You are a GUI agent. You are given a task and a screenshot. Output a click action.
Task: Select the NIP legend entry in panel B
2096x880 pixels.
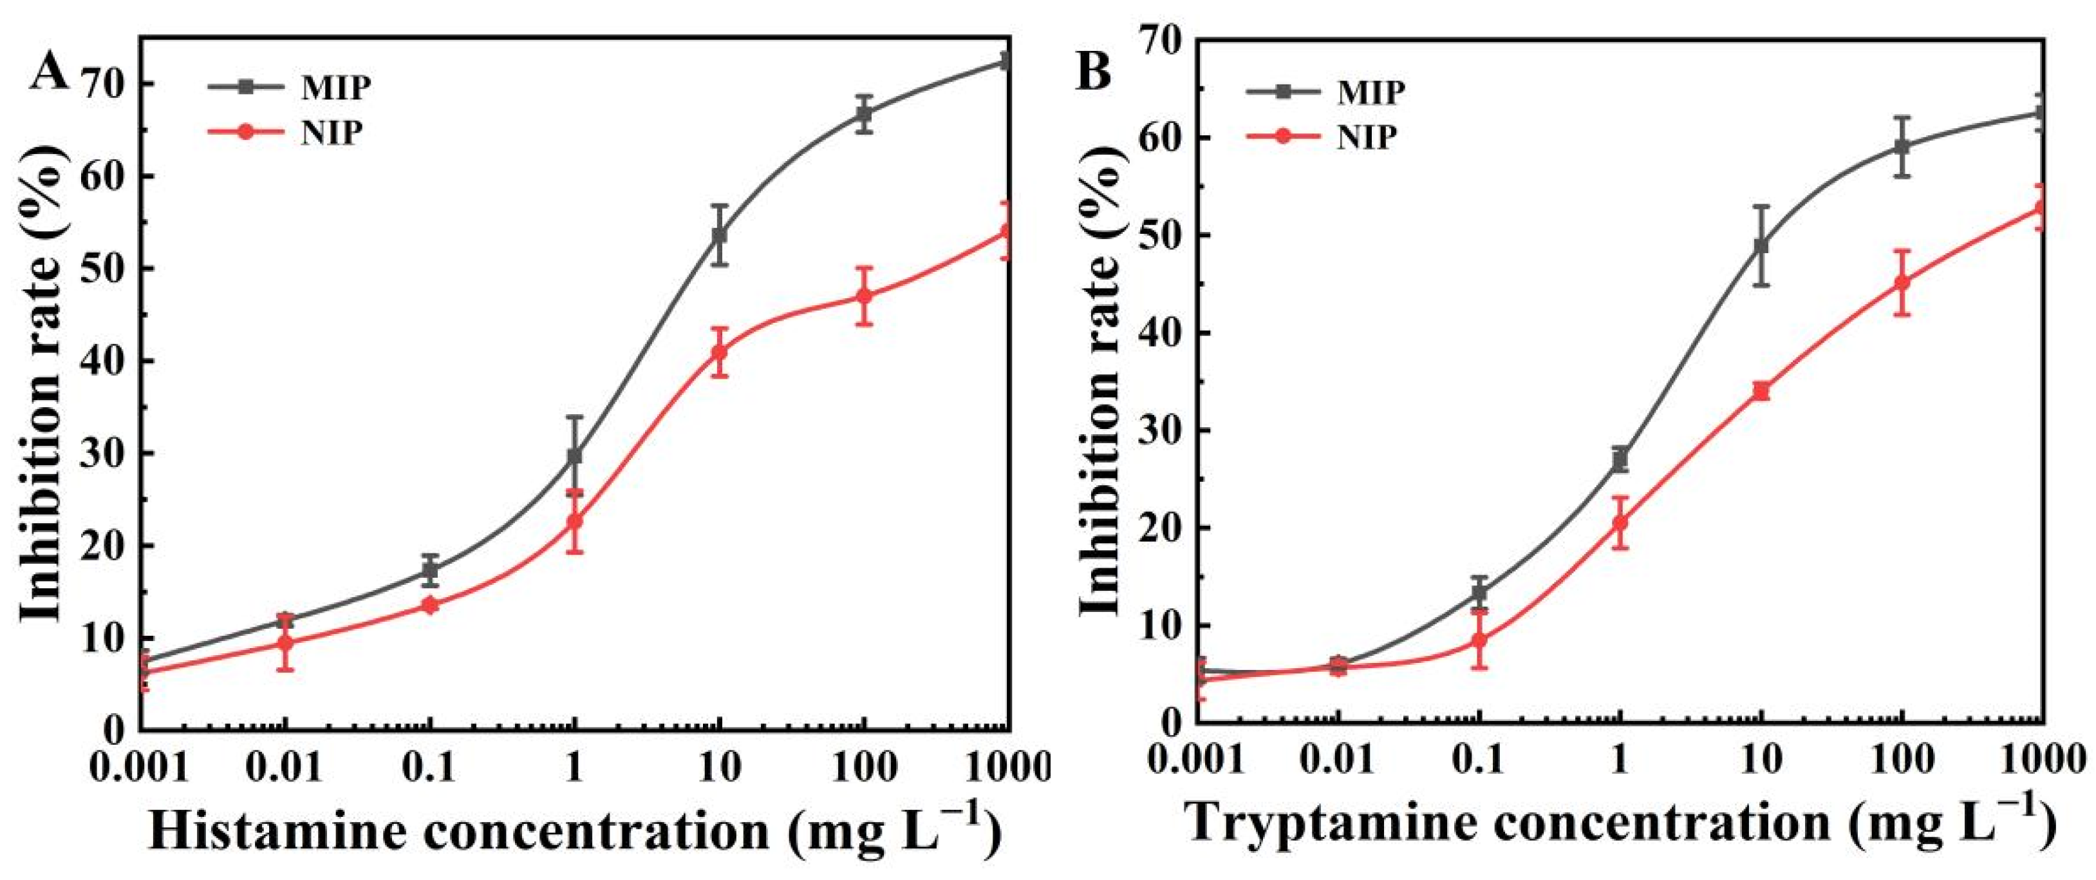(1366, 137)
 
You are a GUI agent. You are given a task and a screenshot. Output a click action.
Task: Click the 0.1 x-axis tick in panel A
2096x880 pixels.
(429, 767)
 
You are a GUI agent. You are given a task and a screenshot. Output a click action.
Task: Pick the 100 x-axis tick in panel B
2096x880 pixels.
(1902, 760)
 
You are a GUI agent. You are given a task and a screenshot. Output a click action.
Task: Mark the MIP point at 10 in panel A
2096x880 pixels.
(719, 235)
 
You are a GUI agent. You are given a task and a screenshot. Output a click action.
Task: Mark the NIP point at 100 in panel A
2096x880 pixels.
(864, 296)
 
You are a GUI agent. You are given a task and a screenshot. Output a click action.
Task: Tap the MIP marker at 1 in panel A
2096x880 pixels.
(574, 456)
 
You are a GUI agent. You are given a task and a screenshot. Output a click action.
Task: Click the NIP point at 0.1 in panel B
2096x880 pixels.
(1479, 640)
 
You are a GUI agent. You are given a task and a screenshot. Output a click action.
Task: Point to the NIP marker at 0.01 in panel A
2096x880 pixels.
(285, 643)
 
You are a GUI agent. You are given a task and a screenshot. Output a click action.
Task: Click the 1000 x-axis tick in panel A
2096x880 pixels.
(1005, 767)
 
